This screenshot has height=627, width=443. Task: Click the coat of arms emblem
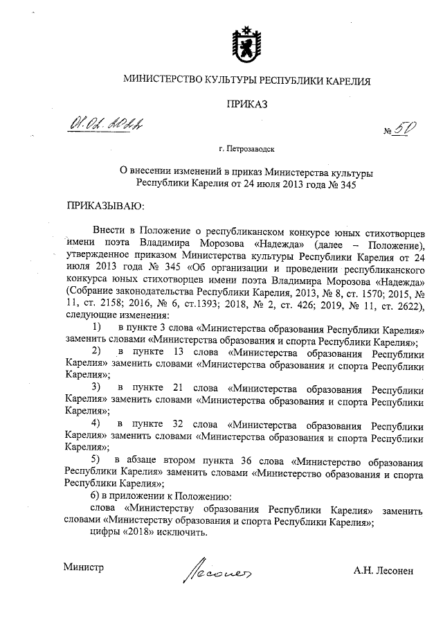click(246, 41)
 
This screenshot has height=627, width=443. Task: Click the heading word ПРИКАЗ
click(246, 105)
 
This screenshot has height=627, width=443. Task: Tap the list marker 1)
click(97, 326)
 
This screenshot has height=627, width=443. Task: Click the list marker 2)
click(97, 351)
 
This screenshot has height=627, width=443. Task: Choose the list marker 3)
click(97, 387)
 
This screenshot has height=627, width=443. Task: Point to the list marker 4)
click(97, 423)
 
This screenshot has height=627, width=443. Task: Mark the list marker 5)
click(97, 459)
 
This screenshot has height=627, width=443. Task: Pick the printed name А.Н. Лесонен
click(383, 571)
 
